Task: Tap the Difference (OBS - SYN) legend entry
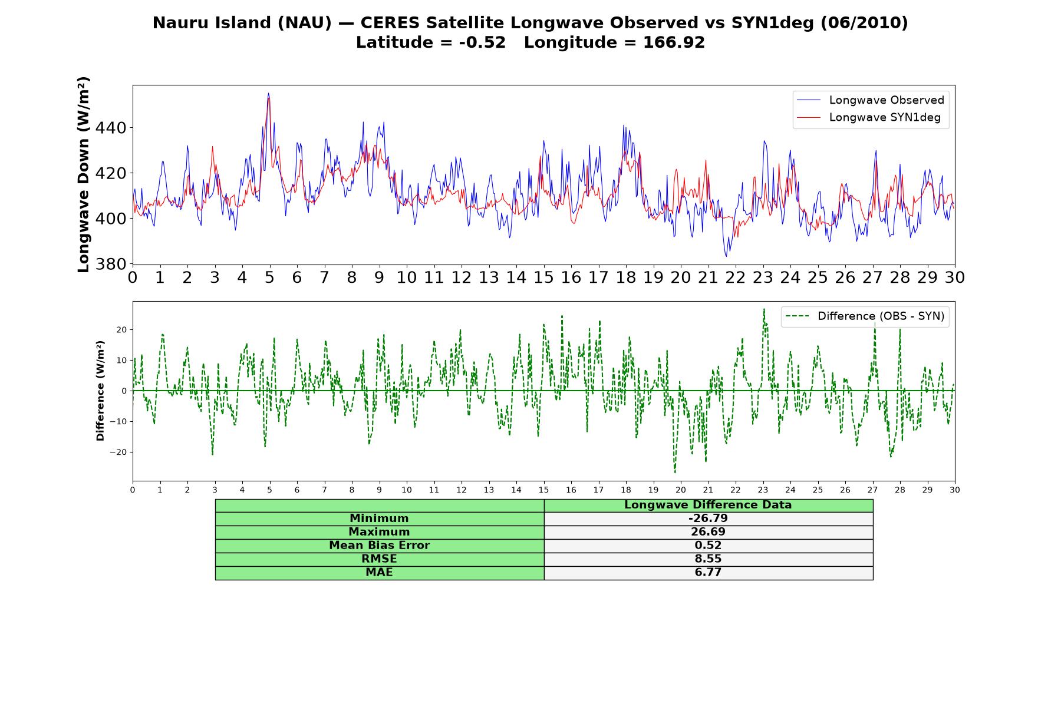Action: tap(865, 316)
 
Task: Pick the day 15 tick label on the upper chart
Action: tap(543, 277)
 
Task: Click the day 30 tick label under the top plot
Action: tap(955, 277)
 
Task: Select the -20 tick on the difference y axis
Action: tap(118, 452)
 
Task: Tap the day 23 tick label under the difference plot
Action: tap(763, 490)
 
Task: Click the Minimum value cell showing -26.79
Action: tap(708, 518)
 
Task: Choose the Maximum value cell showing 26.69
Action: tap(708, 532)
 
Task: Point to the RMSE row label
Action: tap(379, 559)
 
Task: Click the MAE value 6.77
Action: tap(708, 573)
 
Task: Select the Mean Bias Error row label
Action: tap(379, 546)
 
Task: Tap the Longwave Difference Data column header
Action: tap(708, 505)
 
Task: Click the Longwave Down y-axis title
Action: tap(84, 174)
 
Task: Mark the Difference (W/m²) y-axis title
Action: tap(100, 391)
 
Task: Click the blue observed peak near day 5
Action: tap(268, 93)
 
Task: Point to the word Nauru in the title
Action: tap(177, 23)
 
